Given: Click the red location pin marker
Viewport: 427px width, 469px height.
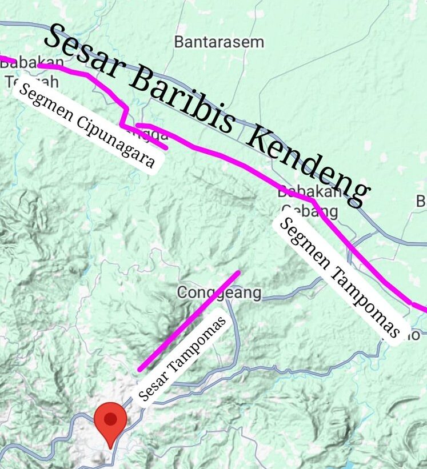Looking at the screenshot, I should click(110, 423).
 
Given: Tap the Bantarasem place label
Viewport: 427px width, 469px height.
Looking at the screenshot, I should click(219, 42).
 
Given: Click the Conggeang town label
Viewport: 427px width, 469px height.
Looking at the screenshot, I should click(219, 293).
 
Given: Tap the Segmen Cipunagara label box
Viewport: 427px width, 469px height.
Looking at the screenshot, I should click(86, 126).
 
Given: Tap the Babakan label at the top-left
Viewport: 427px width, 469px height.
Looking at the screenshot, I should click(24, 63).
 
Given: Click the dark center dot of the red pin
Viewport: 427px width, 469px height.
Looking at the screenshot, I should click(110, 419).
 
